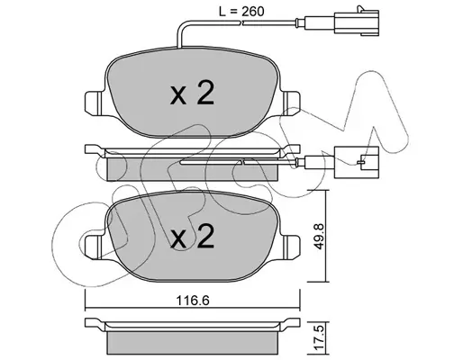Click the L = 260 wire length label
pyautogui.click(x=241, y=12)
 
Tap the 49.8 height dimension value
pyautogui.click(x=318, y=236)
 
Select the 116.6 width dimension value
pyautogui.click(x=193, y=301)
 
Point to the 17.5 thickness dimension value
pyautogui.click(x=320, y=339)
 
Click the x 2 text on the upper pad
pyautogui.click(x=192, y=94)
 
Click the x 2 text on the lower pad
pyautogui.click(x=192, y=237)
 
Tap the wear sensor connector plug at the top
pyautogui.click(x=356, y=21)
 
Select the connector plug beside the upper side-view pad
pyautogui.click(x=357, y=163)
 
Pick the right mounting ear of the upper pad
pyautogui.click(x=291, y=103)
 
